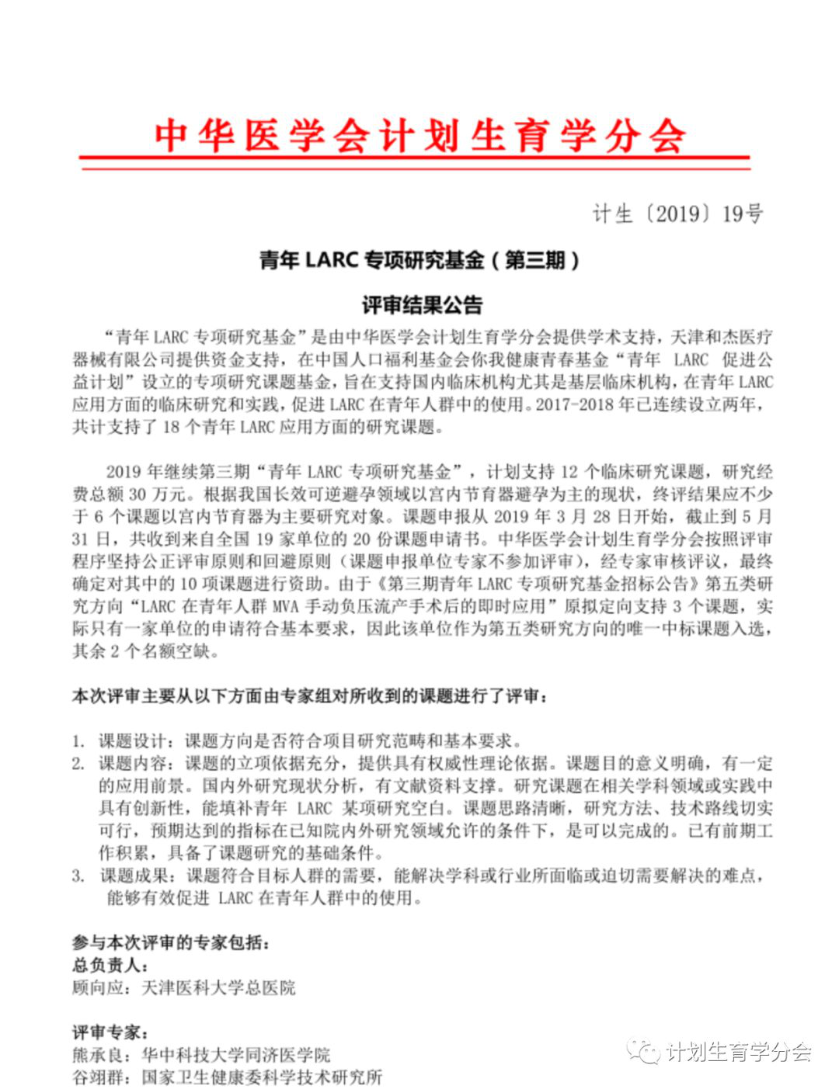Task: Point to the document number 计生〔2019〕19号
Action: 677,213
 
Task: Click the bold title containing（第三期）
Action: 419,260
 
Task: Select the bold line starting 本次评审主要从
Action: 311,695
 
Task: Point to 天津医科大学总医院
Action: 218,988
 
